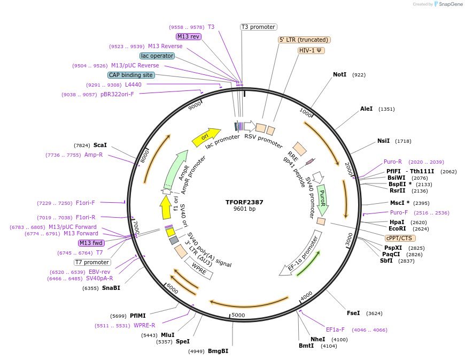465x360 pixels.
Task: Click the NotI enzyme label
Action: point(339,74)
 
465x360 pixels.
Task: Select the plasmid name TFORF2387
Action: point(244,202)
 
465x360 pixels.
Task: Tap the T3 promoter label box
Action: point(259,27)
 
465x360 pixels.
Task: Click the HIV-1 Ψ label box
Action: point(312,50)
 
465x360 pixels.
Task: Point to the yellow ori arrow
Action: point(206,137)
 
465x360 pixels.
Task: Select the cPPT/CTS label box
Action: point(400,238)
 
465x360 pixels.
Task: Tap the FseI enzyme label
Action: point(353,313)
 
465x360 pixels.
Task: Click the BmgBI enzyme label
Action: point(218,351)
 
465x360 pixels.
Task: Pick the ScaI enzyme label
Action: point(100,145)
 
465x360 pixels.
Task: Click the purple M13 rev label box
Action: point(188,36)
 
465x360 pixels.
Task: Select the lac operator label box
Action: point(157,56)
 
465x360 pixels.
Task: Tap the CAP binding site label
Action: point(131,75)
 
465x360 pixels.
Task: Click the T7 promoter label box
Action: point(92,262)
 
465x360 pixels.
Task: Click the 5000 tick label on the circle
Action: point(238,315)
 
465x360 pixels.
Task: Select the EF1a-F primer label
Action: point(335,330)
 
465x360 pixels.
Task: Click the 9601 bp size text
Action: point(244,209)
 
